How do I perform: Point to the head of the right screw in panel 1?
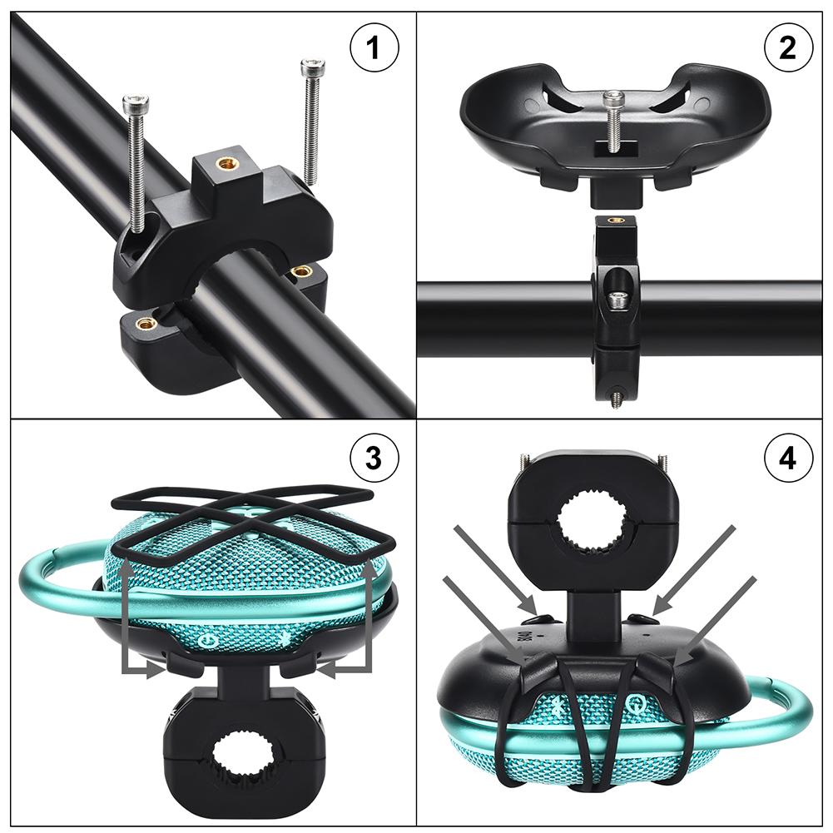[313, 64]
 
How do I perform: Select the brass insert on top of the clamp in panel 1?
[223, 163]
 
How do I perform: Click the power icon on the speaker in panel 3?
[207, 640]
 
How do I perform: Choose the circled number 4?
[788, 457]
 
